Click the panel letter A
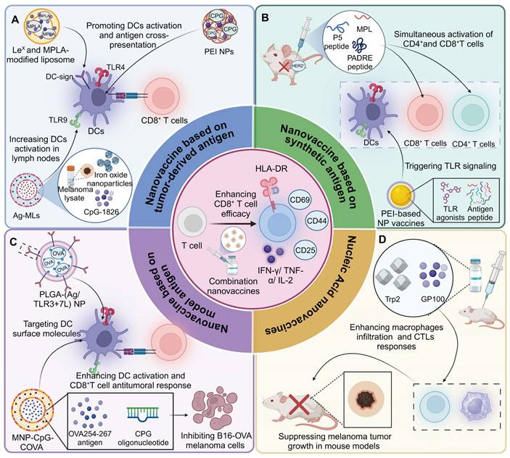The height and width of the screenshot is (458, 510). [14, 20]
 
